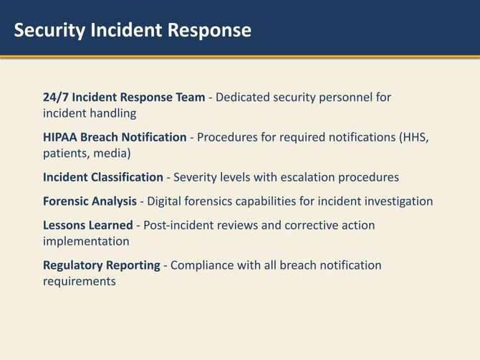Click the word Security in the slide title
point(48,30)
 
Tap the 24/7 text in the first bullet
point(56,97)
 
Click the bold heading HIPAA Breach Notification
point(115,137)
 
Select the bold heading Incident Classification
point(103,177)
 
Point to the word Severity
point(196,177)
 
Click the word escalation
point(307,177)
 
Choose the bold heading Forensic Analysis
point(90,201)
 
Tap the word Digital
point(165,201)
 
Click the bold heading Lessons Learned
point(88,225)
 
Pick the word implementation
point(86,241)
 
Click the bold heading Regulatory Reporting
point(102,265)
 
